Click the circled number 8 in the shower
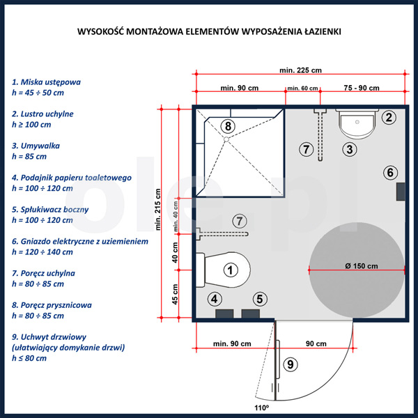[x=228, y=126]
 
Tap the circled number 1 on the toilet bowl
[x=231, y=270]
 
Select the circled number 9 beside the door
[x=291, y=364]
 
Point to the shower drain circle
[x=226, y=139]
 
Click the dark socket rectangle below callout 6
[x=401, y=192]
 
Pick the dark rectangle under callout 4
[x=224, y=313]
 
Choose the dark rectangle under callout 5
[x=251, y=313]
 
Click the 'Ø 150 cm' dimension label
[x=361, y=266]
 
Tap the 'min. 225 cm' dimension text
[x=300, y=70]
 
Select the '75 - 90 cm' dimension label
[x=362, y=88]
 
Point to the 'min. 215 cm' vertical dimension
[x=158, y=210]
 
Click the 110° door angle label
[x=261, y=408]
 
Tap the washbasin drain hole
[x=357, y=122]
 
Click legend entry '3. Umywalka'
[x=36, y=146]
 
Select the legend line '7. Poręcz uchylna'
[x=43, y=273]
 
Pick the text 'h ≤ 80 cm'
[x=29, y=358]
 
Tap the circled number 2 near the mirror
[x=389, y=117]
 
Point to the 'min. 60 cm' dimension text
[x=302, y=88]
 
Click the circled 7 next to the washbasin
[x=306, y=149]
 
